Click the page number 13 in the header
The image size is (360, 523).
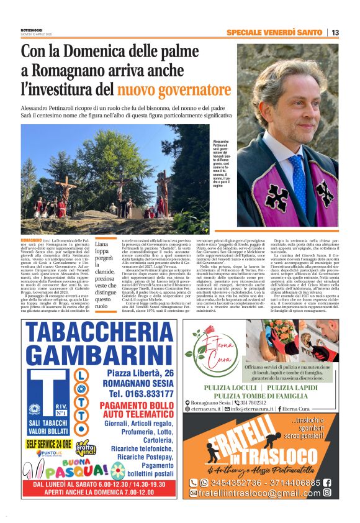(x=335, y=32)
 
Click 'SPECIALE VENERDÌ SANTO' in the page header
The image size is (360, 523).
(x=274, y=32)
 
